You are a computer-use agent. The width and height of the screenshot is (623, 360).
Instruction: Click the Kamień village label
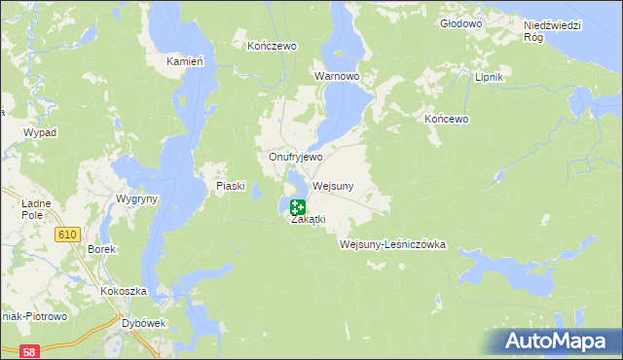click(184, 61)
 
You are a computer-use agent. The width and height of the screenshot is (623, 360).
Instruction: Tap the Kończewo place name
click(272, 46)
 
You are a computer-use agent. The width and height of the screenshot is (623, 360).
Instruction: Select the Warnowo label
click(337, 75)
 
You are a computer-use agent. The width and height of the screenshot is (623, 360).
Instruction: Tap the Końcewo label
click(447, 119)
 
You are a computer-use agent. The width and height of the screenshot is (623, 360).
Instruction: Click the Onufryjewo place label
click(296, 156)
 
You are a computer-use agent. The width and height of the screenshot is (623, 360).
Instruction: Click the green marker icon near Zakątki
click(298, 207)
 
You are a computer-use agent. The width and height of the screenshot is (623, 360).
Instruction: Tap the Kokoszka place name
click(123, 291)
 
